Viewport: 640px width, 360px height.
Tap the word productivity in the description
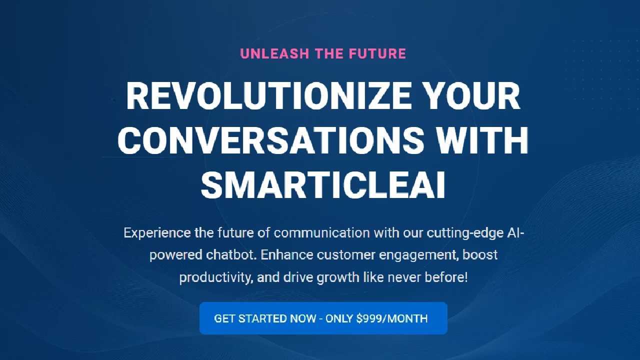pos(215,277)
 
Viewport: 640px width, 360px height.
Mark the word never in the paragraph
pos(402,277)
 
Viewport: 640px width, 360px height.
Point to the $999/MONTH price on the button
pos(391,318)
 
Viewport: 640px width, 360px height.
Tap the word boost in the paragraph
pos(480,255)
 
